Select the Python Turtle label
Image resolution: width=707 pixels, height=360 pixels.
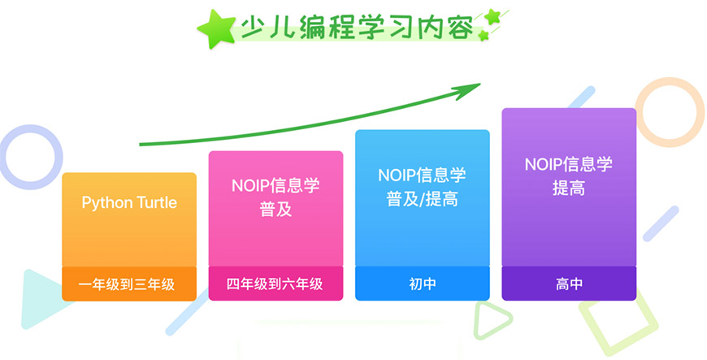[129, 202]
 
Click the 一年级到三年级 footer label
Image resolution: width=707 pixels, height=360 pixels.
[129, 284]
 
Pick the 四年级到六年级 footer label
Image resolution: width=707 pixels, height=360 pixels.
[275, 284]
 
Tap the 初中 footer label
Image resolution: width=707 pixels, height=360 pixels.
[423, 284]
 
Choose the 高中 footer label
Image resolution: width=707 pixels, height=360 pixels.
[569, 284]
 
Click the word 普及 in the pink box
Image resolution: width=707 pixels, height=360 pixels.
[275, 210]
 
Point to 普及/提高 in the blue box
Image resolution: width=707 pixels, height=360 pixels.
[423, 198]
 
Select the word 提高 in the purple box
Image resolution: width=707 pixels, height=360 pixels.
[569, 188]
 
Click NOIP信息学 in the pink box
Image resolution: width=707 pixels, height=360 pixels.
[275, 185]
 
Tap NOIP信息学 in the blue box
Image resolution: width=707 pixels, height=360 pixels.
[423, 175]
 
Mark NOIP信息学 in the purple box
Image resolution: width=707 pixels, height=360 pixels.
[569, 164]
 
